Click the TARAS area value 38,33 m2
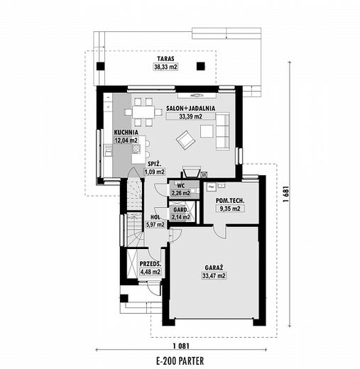point(165,67)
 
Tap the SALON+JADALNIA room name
point(190,109)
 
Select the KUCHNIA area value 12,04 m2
point(126,141)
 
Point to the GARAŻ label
point(214,268)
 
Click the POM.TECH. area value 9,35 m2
point(230,209)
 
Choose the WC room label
point(181,186)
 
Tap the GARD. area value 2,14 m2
point(181,217)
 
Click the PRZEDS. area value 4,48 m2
point(151,272)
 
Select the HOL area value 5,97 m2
point(155,224)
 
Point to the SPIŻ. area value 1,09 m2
point(155,172)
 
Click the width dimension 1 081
point(181,346)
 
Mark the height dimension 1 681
point(286,194)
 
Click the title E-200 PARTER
point(180,361)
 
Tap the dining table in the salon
point(143,112)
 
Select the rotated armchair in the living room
point(186,140)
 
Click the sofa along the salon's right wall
point(222,131)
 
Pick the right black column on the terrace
point(201,66)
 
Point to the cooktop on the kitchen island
point(136,149)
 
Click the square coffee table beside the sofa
point(207,131)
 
